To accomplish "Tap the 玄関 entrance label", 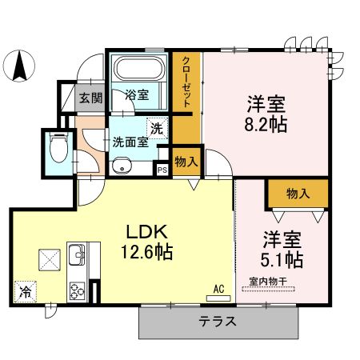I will [x=90, y=99].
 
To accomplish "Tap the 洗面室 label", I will [x=130, y=142].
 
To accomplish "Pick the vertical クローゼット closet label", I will [x=186, y=83].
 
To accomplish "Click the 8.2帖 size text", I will [x=266, y=126].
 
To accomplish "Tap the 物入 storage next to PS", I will [x=186, y=162].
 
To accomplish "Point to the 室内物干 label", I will [x=272, y=282].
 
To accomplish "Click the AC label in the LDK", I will [x=217, y=289].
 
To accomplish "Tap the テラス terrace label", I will [x=217, y=322].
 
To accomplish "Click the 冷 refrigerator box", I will [x=26, y=293].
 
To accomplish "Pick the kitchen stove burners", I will [x=78, y=290].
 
